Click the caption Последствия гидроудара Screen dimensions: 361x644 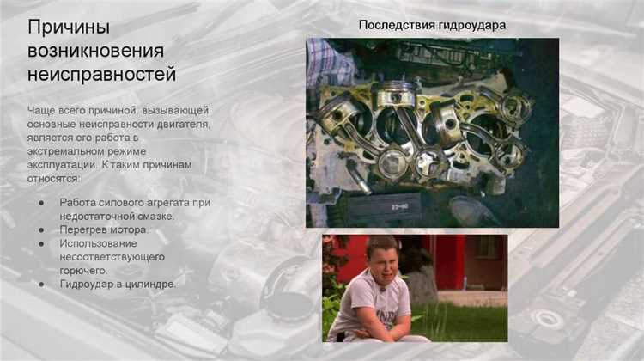[x=432, y=25]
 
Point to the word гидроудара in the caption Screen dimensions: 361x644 [x=471, y=25]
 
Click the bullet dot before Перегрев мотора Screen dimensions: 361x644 [x=42, y=230]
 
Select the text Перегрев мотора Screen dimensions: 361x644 [x=104, y=229]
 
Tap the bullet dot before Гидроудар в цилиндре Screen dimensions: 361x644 [x=42, y=284]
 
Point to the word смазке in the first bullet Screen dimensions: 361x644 [x=155, y=216]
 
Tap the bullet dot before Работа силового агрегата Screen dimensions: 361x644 [x=42, y=203]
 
